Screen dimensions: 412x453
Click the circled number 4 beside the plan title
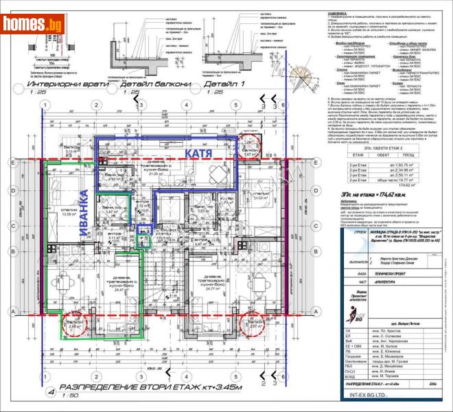[51, 394]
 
